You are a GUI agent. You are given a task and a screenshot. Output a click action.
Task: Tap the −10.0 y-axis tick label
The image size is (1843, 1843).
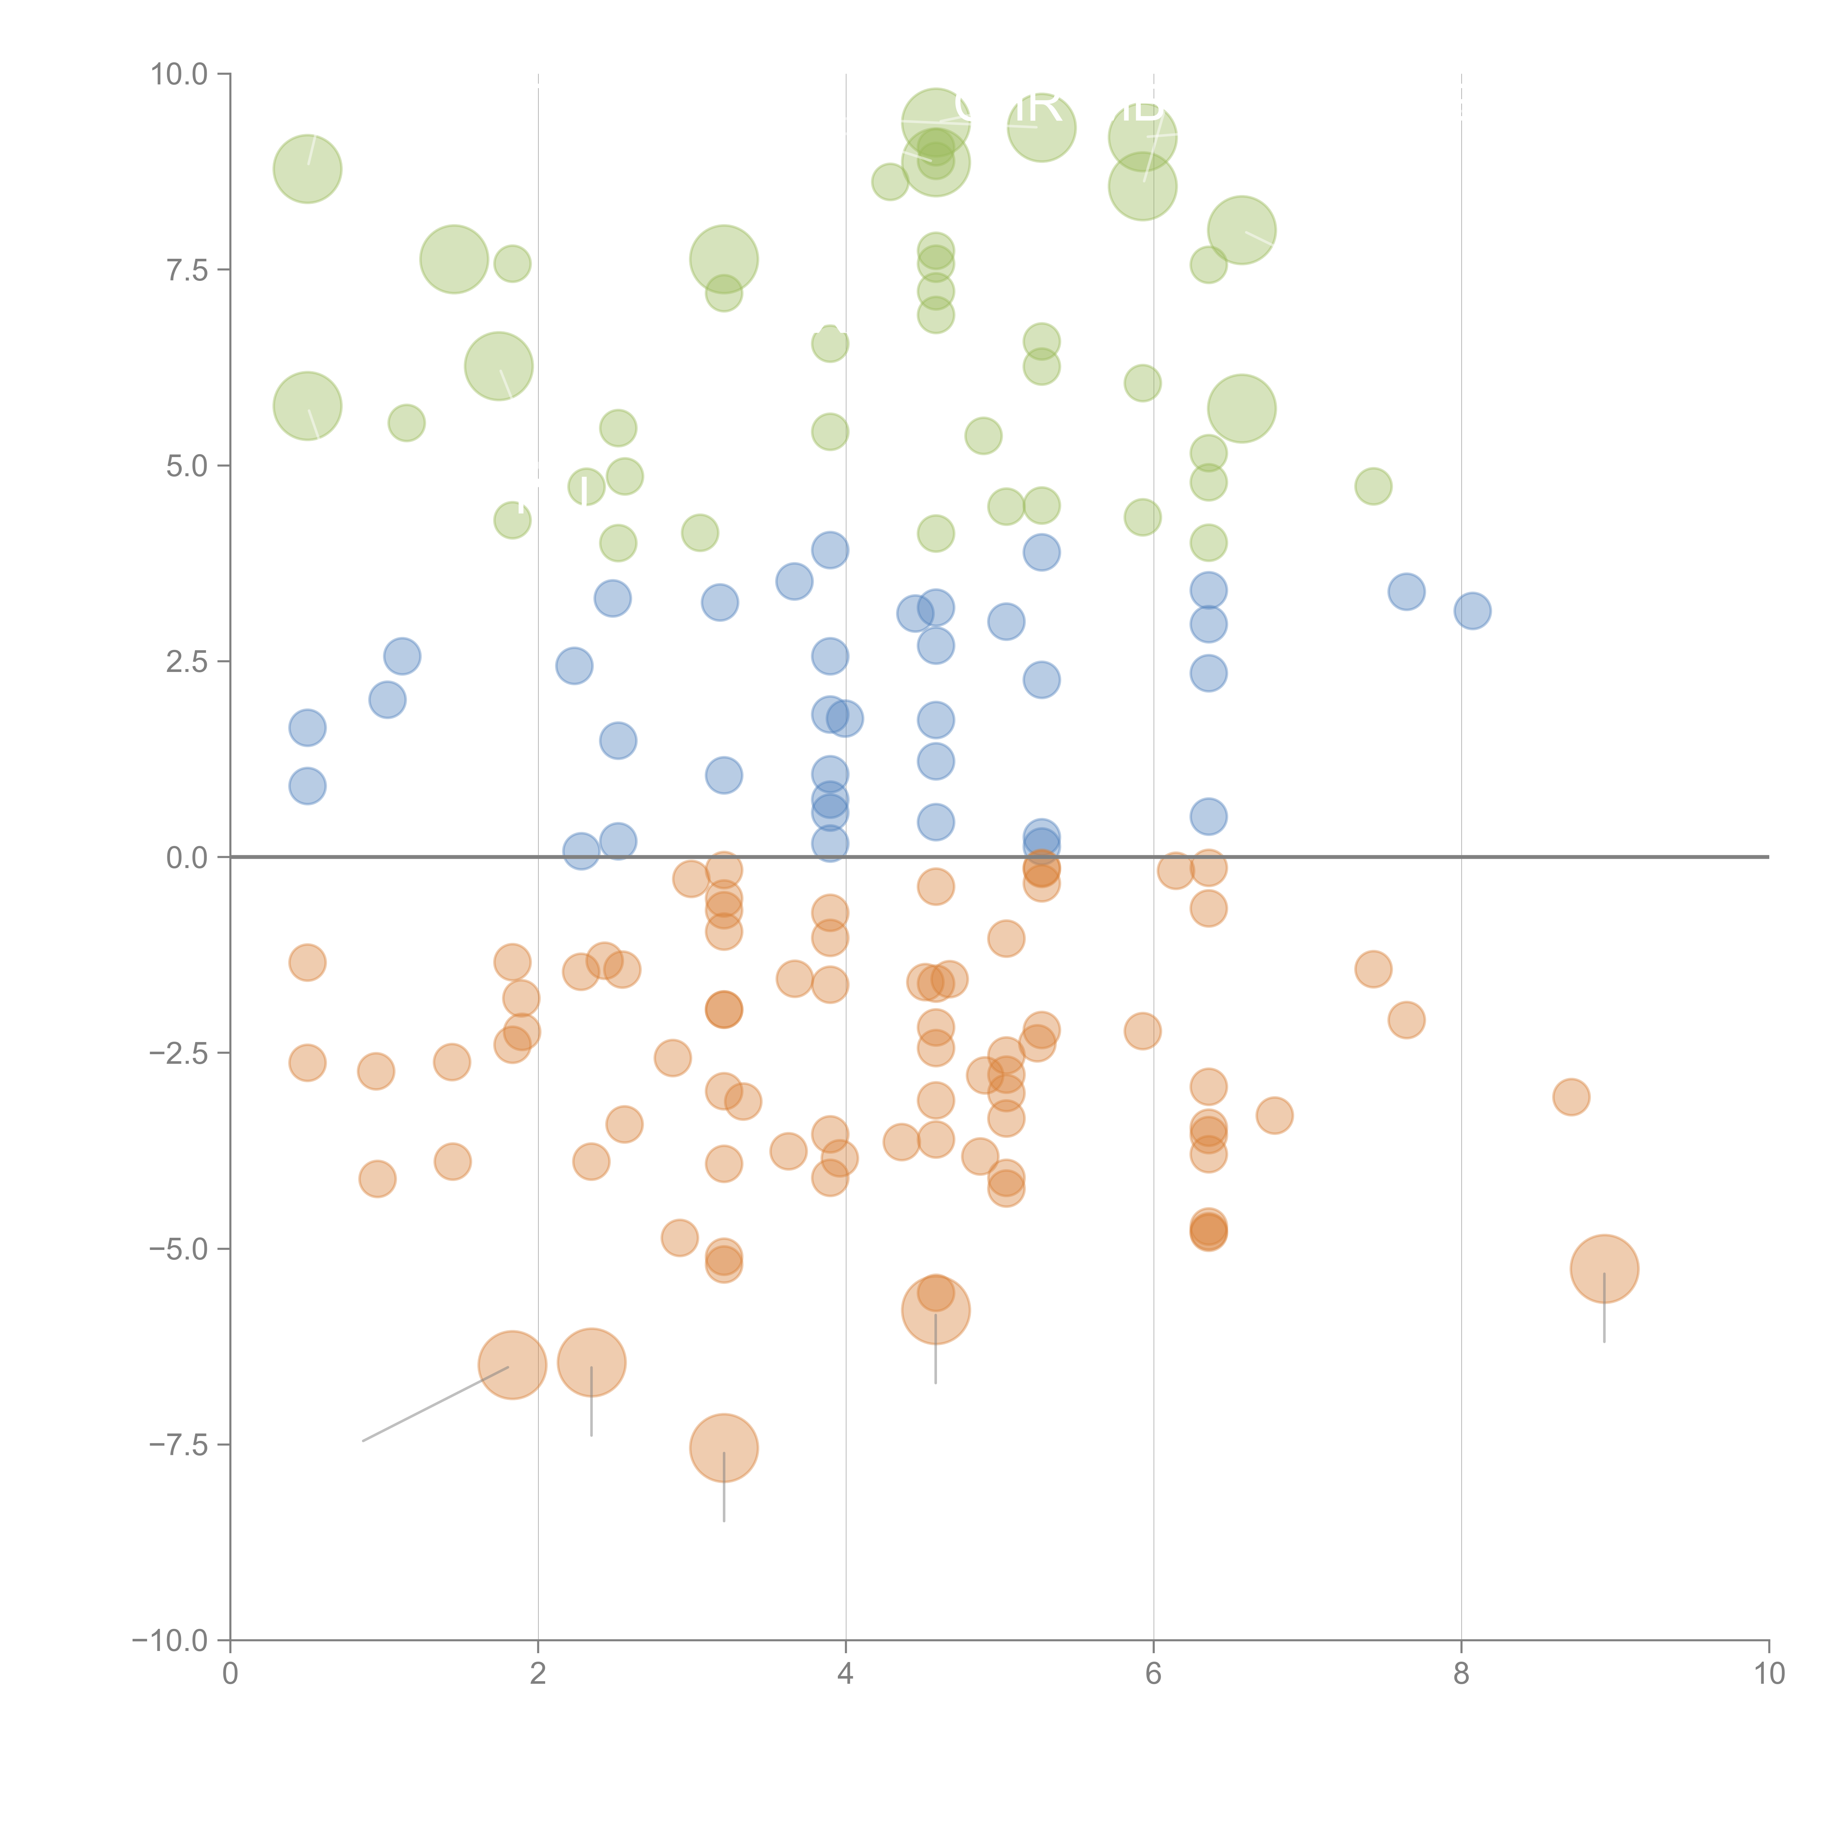tap(170, 1641)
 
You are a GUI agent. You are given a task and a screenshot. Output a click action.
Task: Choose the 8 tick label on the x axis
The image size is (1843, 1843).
tap(1461, 1674)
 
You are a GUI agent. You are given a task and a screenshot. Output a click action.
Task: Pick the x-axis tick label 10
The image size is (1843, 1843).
tap(1769, 1674)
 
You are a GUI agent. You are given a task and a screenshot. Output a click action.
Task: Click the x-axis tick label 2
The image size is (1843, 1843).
tap(538, 1674)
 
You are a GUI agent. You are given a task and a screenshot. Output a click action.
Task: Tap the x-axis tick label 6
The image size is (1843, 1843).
tap(1153, 1674)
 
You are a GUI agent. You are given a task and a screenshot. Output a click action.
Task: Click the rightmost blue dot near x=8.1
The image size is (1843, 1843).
tap(1472, 610)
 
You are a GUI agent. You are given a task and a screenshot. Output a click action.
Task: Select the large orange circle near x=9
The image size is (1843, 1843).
tap(1603, 1269)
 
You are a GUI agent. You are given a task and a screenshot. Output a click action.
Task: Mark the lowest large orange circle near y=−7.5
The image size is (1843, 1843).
tap(724, 1448)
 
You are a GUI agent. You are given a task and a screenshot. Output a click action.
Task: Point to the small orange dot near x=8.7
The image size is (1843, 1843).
tap(1570, 1097)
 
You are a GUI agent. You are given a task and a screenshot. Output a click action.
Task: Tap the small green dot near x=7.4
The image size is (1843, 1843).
tap(1373, 487)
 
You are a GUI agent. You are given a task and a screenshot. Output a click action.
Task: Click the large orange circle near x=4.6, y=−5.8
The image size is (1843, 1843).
tap(936, 1310)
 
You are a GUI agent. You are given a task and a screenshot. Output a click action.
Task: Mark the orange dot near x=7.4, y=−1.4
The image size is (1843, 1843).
tap(1373, 969)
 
